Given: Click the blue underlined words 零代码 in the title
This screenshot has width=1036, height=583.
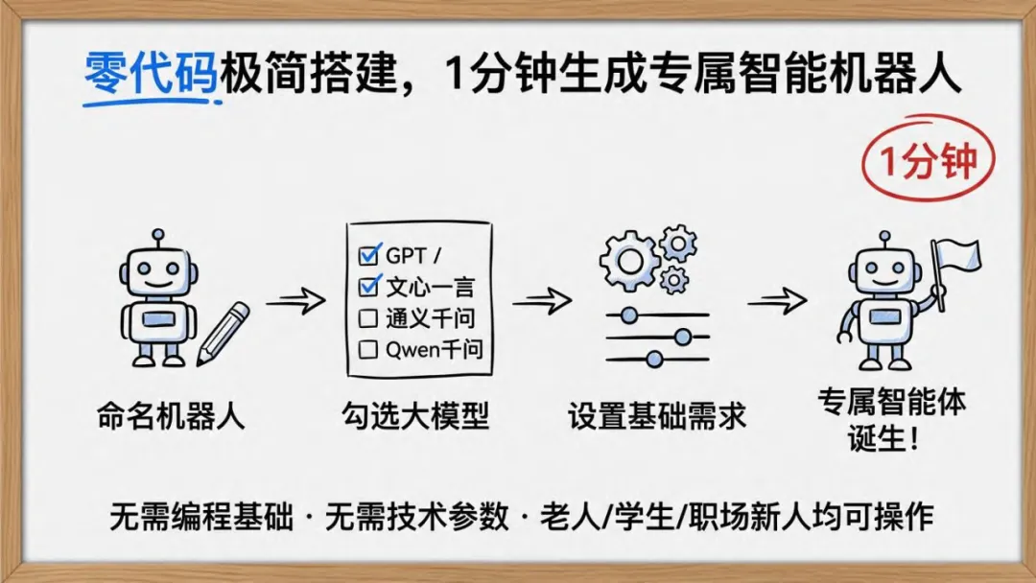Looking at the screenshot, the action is tap(152, 74).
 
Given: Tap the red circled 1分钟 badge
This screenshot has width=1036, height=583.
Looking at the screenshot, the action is tap(928, 160).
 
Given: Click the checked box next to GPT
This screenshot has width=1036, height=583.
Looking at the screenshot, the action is tap(368, 255).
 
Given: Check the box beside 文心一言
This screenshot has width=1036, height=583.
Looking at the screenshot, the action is tap(368, 286).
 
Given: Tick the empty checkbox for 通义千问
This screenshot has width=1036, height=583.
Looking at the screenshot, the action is tap(367, 318).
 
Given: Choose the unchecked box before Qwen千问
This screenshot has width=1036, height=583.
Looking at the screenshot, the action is tap(367, 350).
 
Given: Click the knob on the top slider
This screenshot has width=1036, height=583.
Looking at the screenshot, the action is tap(629, 314).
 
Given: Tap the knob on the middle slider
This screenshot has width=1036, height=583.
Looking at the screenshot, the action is tap(683, 337).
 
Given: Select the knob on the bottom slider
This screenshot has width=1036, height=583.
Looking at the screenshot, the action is tap(654, 360).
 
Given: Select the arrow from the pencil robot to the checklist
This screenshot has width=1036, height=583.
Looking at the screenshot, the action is tap(296, 302).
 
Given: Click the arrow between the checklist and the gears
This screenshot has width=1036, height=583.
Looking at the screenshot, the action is tap(541, 301).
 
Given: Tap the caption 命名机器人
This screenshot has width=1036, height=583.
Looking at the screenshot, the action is tap(171, 417).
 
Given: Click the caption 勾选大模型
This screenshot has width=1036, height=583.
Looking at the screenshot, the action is tap(415, 417).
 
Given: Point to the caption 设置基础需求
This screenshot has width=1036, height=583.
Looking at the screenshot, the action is tap(657, 417).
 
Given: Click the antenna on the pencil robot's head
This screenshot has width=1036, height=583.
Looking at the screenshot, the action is tap(159, 236).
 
